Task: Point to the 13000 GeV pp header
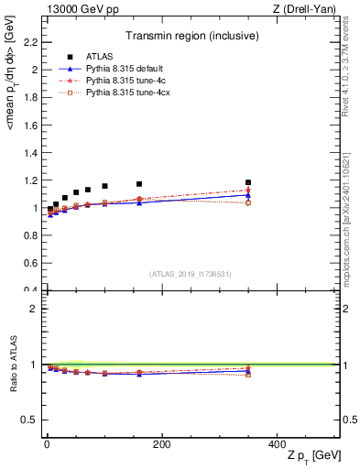[x=82, y=8]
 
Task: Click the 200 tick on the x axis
[x=161, y=444]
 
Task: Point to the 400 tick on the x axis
[x=277, y=444]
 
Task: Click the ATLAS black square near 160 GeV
[x=139, y=184]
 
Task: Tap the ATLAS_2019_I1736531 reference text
[x=190, y=274]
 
